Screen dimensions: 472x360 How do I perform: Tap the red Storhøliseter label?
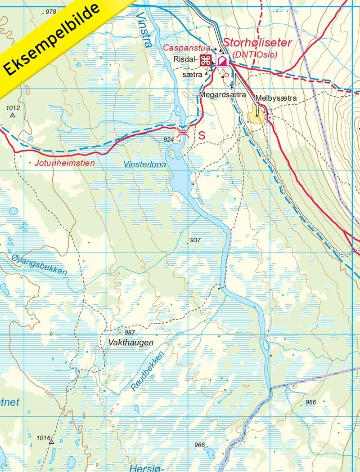click(x=258, y=43)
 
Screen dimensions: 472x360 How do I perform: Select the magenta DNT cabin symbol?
click(x=222, y=61)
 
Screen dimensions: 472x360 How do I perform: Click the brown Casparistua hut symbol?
click(x=206, y=61)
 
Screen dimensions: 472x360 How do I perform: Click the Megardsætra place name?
click(x=222, y=95)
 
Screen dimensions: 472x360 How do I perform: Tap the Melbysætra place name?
click(x=276, y=98)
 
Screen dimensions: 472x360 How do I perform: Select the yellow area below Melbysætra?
click(x=255, y=117)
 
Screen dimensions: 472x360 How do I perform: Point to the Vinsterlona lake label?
click(x=145, y=165)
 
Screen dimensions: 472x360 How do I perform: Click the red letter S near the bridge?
click(x=202, y=135)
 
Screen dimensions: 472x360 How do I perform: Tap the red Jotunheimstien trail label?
click(x=65, y=163)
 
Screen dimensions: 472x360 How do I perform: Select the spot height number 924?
click(x=168, y=140)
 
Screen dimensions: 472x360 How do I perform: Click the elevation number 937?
click(x=195, y=240)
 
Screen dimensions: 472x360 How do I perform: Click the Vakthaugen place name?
click(x=131, y=343)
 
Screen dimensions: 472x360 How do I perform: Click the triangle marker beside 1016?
click(x=51, y=442)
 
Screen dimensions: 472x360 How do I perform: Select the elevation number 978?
click(x=50, y=12)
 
